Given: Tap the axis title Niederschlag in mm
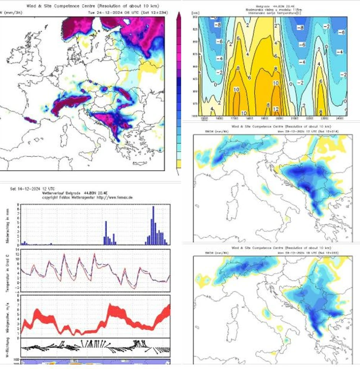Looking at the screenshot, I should tap(8, 225).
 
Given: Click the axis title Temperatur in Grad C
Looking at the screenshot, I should tap(8, 271).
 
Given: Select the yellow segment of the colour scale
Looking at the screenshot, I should tap(178, 164).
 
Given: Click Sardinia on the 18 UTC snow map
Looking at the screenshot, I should tap(229, 331).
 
